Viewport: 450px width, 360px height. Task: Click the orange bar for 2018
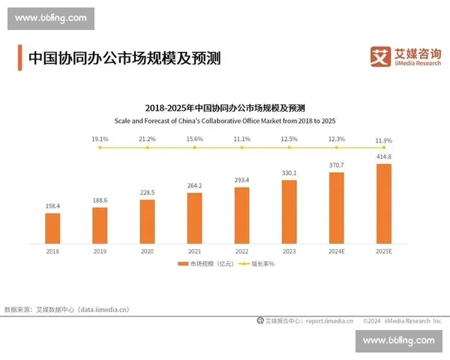52,228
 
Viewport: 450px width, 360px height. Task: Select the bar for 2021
194,218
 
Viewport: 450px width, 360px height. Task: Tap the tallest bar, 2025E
383,203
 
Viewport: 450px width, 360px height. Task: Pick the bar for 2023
289,211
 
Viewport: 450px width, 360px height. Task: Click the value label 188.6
100,200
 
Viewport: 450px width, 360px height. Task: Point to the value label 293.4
241,180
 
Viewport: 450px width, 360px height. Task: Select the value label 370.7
336,164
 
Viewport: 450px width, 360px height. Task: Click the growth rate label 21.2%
147,139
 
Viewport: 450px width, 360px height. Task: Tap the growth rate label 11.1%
241,139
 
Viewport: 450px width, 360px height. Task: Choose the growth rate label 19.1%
100,139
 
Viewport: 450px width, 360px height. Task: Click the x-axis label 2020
147,251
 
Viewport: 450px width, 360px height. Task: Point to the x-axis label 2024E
336,251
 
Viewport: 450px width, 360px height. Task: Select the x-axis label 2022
241,251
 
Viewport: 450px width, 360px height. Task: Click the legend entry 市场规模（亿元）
204,264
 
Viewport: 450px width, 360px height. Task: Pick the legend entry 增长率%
257,264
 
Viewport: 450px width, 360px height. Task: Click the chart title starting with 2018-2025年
225,108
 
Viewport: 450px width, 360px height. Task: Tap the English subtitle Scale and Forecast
225,121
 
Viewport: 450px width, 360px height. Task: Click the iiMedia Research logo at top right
406,56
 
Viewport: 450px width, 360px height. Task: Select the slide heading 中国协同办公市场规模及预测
124,58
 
